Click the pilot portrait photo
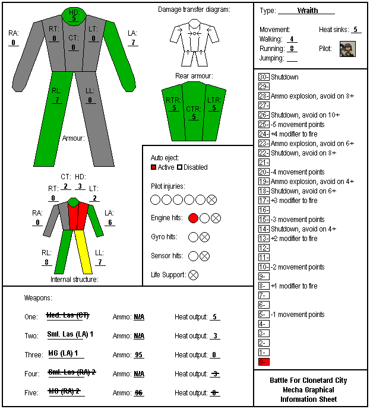coord(347,49)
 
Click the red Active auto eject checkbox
coord(153,167)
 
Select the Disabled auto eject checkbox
coord(179,167)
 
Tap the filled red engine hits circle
coord(193,218)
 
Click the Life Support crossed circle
coord(193,275)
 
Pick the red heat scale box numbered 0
coord(264,362)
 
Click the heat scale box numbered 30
coord(264,77)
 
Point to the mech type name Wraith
coord(308,11)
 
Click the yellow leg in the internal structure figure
coord(84,252)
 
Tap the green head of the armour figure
coord(74,17)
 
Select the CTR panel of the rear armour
coord(194,112)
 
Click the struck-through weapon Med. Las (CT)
coord(68,315)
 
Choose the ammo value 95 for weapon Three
coord(138,355)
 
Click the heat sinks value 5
coord(355,30)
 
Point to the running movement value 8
coord(292,49)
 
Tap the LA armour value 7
coord(133,42)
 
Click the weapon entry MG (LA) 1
coord(63,353)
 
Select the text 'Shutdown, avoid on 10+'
coord(305,115)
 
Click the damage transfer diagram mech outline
coord(194,43)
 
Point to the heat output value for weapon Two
coord(215,336)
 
